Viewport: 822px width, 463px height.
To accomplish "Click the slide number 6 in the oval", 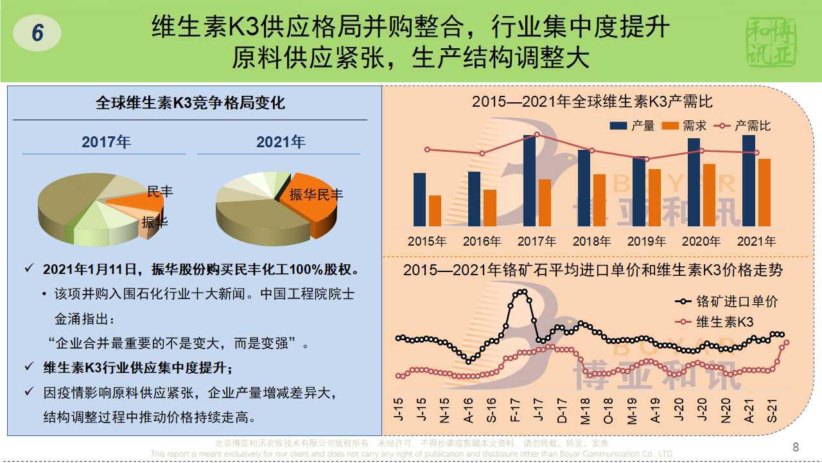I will (37, 33).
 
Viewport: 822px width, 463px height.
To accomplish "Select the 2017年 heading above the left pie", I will (106, 142).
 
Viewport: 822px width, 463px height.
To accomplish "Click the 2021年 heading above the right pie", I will (281, 142).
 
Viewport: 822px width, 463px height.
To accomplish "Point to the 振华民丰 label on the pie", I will (316, 194).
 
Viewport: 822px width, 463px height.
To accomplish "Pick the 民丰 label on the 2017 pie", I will (160, 192).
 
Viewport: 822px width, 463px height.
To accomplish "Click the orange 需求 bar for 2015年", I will (435, 210).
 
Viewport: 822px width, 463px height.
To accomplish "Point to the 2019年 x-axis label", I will (646, 242).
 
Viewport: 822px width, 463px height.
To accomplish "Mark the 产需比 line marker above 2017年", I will (537, 134).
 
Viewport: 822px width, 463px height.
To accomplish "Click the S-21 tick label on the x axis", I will (773, 410).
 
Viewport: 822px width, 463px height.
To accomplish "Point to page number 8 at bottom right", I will (796, 447).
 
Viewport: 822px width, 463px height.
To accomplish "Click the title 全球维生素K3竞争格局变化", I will (190, 103).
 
